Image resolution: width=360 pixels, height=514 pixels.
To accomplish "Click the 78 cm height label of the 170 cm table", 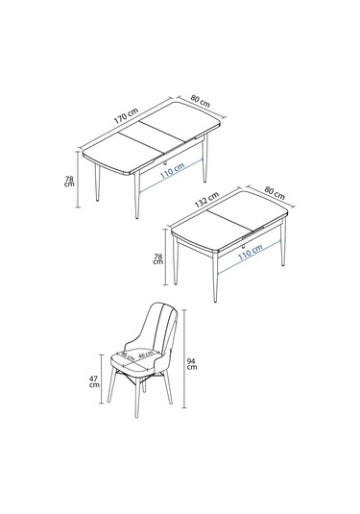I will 68,181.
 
